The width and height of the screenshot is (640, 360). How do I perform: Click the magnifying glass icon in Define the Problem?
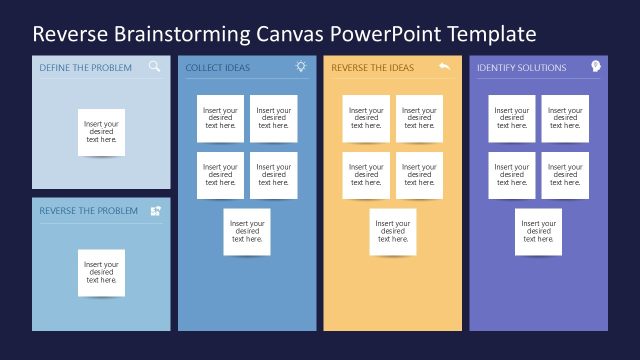pos(155,67)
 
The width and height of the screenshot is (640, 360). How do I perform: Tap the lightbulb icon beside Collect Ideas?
pos(301,67)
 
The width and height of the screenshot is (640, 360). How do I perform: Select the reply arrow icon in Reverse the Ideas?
pos(445,67)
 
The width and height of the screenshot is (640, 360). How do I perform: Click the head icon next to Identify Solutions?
pos(594,67)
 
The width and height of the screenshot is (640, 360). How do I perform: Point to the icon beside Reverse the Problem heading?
pos(155,211)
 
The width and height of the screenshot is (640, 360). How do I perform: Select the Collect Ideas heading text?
pos(218,68)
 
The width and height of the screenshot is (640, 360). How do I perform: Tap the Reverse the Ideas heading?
pos(372,68)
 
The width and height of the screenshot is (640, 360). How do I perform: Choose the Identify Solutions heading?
pos(521,68)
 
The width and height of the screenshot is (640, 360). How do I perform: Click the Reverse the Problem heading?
pos(88,211)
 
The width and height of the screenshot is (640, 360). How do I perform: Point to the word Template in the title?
pos(492,35)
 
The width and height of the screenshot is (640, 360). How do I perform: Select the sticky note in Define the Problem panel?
pos(101,131)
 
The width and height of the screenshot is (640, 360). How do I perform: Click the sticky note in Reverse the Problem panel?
pos(101,272)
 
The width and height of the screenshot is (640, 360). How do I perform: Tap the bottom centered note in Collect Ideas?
pos(247,232)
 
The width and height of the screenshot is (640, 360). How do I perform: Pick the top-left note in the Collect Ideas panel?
pos(220,118)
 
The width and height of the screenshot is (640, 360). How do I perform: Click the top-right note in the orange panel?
pos(420,118)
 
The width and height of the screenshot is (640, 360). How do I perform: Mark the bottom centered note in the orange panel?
pos(393,232)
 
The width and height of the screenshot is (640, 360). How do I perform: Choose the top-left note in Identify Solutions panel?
pos(511,118)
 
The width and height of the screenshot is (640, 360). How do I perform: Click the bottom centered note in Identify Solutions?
pos(538,232)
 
